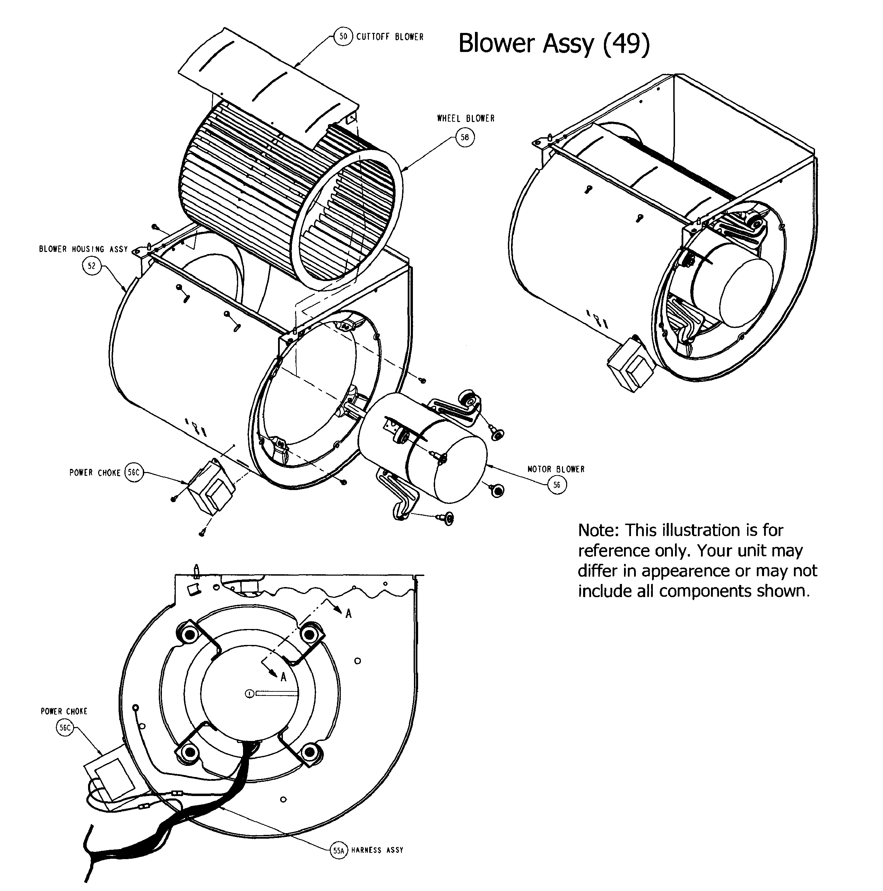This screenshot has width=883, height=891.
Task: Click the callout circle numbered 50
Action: point(343,36)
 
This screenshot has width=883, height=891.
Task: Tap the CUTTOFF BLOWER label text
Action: point(390,37)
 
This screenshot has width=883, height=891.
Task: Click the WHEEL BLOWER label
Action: point(466,119)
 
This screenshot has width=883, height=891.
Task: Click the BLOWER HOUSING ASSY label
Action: point(83,249)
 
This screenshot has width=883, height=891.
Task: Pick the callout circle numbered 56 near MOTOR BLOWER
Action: point(557,485)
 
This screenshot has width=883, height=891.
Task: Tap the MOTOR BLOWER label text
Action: point(556,469)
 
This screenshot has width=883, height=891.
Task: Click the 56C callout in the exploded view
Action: point(134,473)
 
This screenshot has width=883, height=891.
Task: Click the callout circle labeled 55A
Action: point(339,850)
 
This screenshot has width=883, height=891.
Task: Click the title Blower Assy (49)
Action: point(554,44)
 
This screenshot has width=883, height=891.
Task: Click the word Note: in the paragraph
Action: point(598,530)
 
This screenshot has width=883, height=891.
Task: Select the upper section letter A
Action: point(348,613)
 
